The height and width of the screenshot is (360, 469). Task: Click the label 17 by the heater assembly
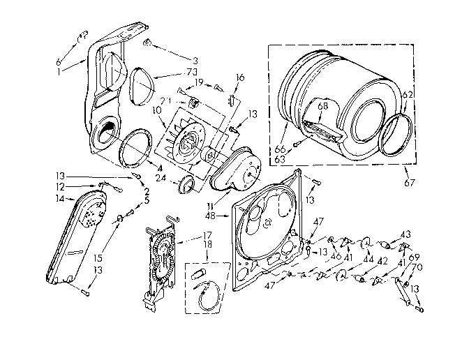pos(188,236)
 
